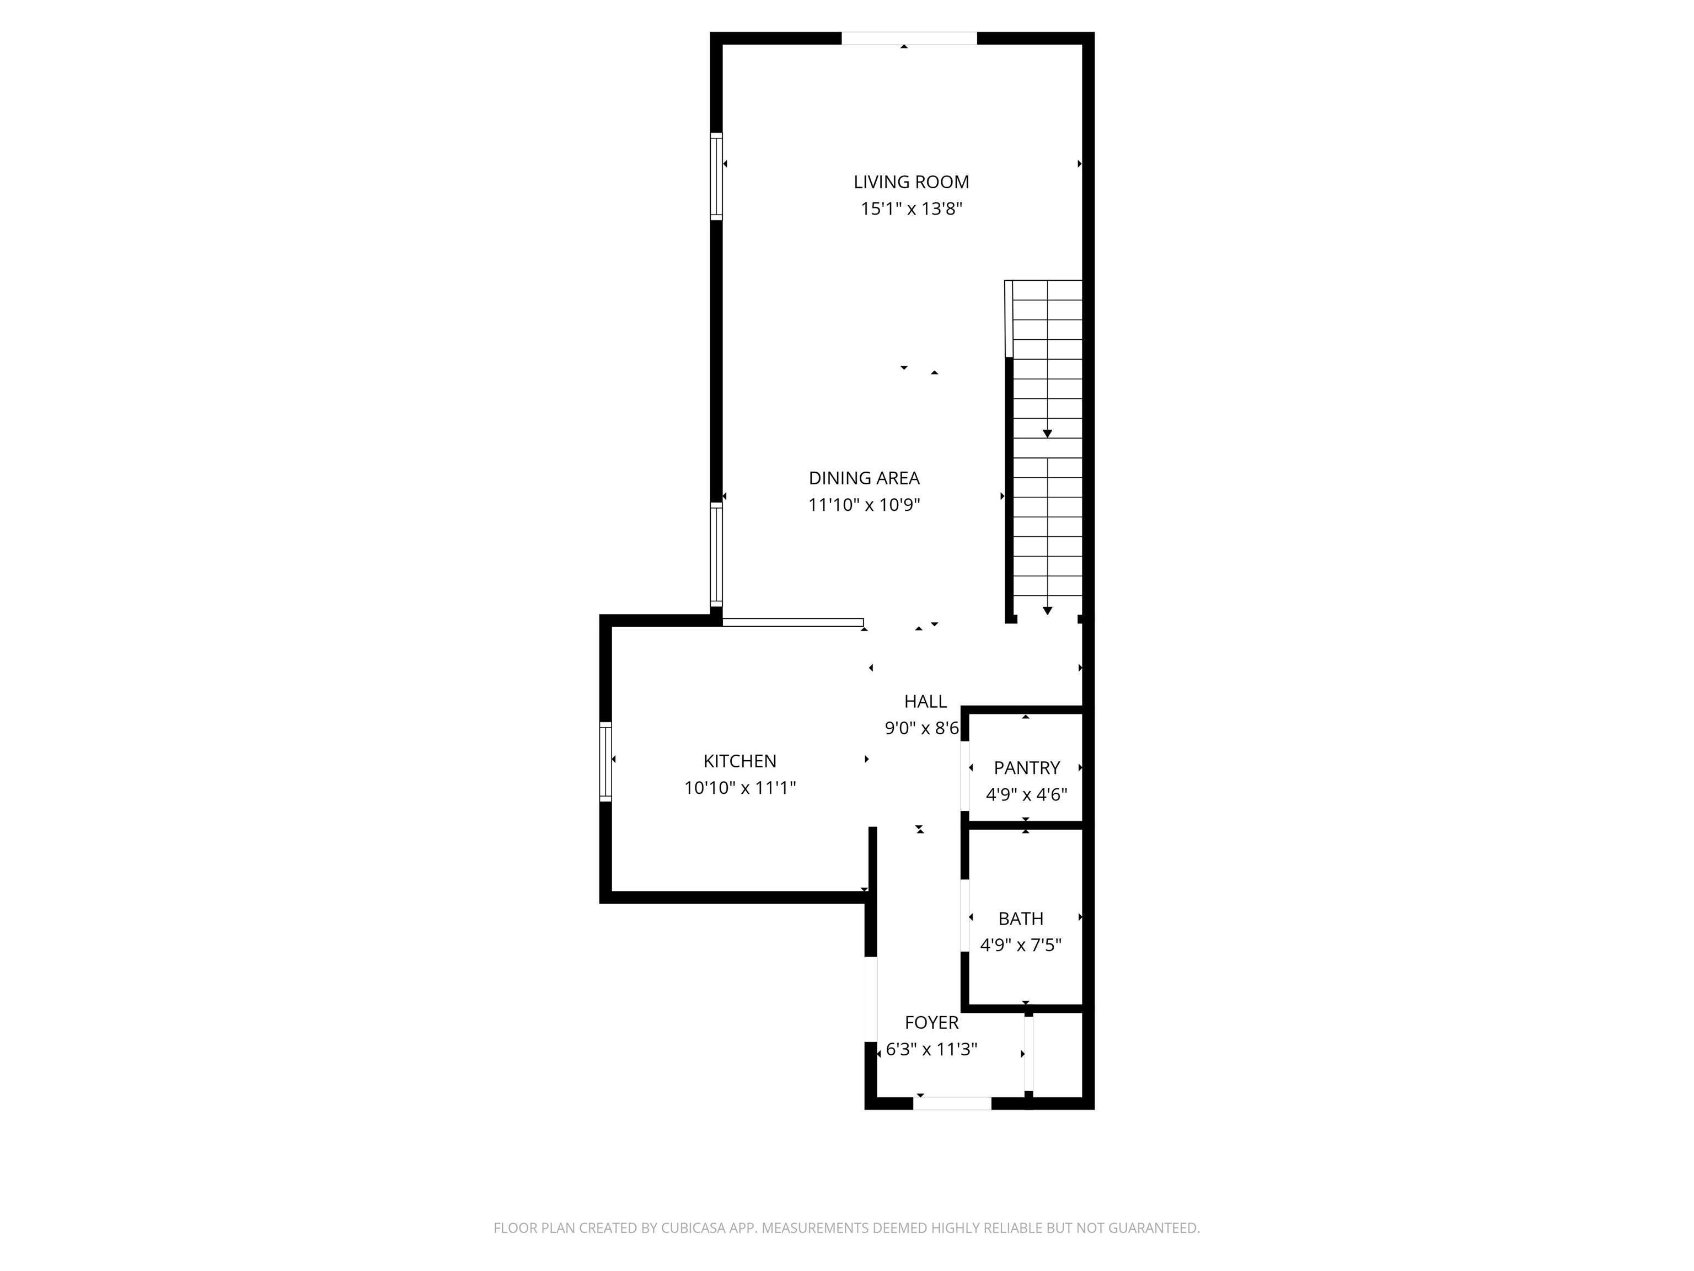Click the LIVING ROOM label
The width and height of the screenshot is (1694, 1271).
(912, 183)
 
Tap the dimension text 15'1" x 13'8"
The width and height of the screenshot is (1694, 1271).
(912, 209)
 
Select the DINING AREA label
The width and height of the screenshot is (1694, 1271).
(864, 478)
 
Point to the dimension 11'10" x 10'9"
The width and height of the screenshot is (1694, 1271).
(864, 505)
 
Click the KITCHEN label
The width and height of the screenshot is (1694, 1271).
(740, 761)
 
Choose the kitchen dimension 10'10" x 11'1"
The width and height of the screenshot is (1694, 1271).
(740, 788)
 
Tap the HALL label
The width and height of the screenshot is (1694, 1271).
(925, 701)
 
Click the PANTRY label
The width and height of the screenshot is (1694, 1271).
(1026, 768)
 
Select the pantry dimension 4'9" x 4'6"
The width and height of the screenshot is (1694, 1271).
(1026, 794)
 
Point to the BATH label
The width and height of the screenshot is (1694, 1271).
(1020, 918)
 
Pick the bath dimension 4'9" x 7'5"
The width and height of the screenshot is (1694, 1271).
(1020, 946)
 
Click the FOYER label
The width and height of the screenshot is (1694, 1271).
(931, 1023)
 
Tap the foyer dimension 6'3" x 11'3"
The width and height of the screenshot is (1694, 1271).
(931, 1050)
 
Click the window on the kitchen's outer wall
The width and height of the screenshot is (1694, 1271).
(606, 761)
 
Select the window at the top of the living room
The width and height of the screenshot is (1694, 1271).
(909, 38)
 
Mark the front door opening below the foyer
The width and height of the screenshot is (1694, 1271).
(952, 1103)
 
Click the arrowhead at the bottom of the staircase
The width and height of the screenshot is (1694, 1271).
(1047, 611)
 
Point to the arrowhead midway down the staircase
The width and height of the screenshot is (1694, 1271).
(1047, 434)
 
